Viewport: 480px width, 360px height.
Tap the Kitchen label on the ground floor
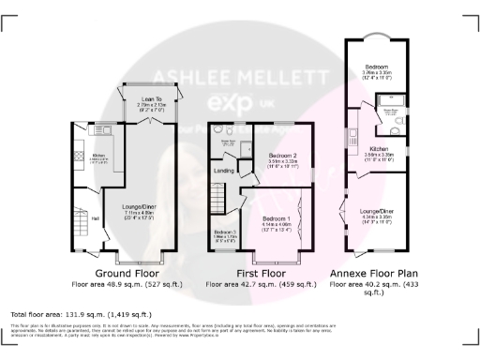[x=98, y=156]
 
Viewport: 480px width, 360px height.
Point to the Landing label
[x=224, y=170]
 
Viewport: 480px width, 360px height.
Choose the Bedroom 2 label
[x=282, y=155]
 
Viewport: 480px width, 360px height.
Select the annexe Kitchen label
[x=378, y=149]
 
